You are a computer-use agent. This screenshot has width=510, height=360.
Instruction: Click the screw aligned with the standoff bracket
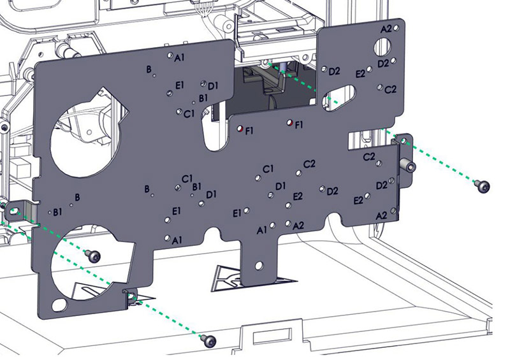pos(483,186)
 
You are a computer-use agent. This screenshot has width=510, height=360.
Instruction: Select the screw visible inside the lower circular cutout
pos(94,256)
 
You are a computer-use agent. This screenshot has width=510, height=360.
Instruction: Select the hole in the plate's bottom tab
pos(259,266)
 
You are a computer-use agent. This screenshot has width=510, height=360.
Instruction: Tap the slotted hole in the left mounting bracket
pos(14,211)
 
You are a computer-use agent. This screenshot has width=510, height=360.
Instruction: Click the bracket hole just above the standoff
pos(404,141)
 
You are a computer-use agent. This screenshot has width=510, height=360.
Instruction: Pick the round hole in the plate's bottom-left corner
pos(59,305)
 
